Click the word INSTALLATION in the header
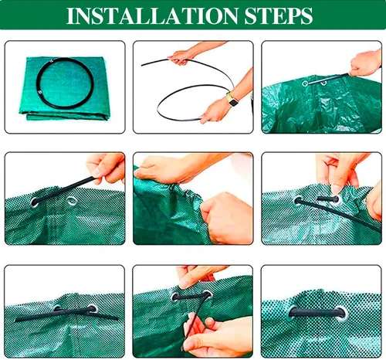tap(152, 16)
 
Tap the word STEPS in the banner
tap(279, 16)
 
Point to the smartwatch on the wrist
tap(232, 100)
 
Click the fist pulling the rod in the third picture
tap(365, 64)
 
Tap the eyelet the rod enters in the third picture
tap(305, 83)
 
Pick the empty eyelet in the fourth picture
tap(72, 201)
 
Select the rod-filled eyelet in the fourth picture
tap(35, 202)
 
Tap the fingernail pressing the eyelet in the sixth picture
tap(336, 189)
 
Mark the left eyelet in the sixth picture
tap(299, 200)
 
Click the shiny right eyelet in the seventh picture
tap(92, 308)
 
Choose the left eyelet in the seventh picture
tap(57, 307)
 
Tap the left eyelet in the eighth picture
tap(175, 297)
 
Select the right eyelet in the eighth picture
tap(207, 295)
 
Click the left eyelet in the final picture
tap(292, 312)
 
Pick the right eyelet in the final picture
tap(342, 313)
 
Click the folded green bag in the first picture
tap(64, 88)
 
